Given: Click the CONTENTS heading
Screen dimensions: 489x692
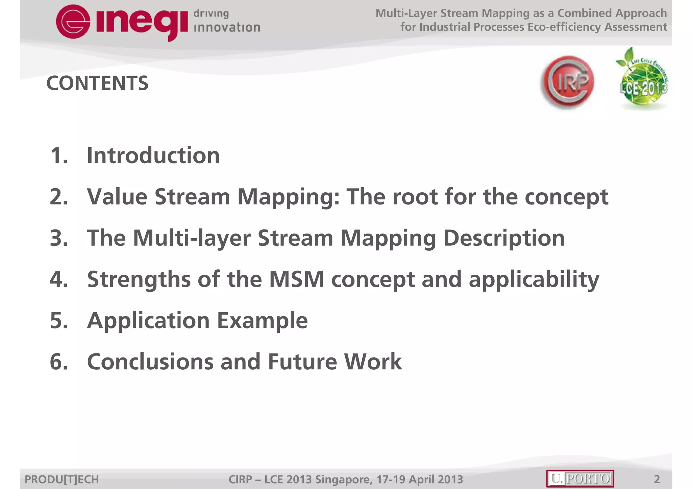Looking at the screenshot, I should [x=97, y=83].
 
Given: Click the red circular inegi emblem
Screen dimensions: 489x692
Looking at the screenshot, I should [x=73, y=22].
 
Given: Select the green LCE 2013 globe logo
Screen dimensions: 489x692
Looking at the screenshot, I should [x=643, y=81].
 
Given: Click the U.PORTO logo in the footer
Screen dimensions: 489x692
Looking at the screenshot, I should [x=580, y=479].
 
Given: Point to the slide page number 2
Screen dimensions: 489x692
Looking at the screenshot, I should [x=657, y=479].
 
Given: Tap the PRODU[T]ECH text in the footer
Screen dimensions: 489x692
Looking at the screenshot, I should [x=62, y=479].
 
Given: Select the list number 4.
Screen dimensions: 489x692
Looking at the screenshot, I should [x=58, y=279].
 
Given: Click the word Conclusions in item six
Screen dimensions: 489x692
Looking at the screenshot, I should [x=150, y=362].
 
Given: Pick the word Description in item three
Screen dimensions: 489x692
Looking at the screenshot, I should [x=504, y=239].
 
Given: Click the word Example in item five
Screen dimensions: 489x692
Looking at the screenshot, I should [x=262, y=320].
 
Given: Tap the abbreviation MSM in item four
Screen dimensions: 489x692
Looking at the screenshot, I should [x=296, y=279].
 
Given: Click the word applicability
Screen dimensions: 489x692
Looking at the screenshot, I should [x=534, y=280].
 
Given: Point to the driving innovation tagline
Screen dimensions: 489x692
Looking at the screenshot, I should [x=226, y=21].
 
